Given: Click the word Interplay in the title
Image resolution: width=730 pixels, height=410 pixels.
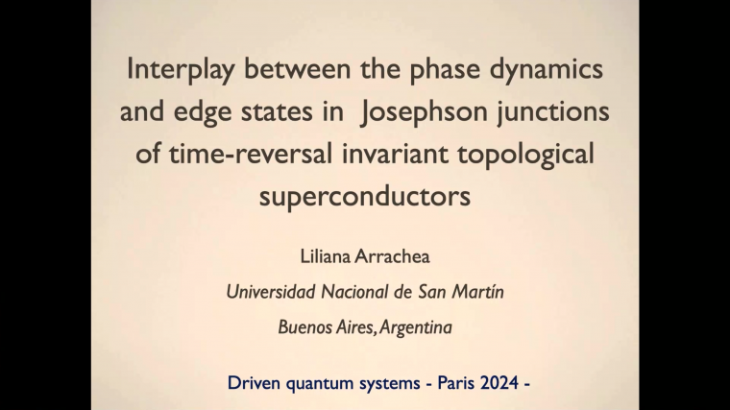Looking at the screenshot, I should tap(176, 70).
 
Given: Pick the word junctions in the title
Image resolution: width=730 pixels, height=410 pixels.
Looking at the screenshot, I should tap(556, 111).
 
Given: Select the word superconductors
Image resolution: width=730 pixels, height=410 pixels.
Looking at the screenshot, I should tap(365, 196).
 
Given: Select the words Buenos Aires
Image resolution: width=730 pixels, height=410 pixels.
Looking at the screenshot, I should tap(327, 327).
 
